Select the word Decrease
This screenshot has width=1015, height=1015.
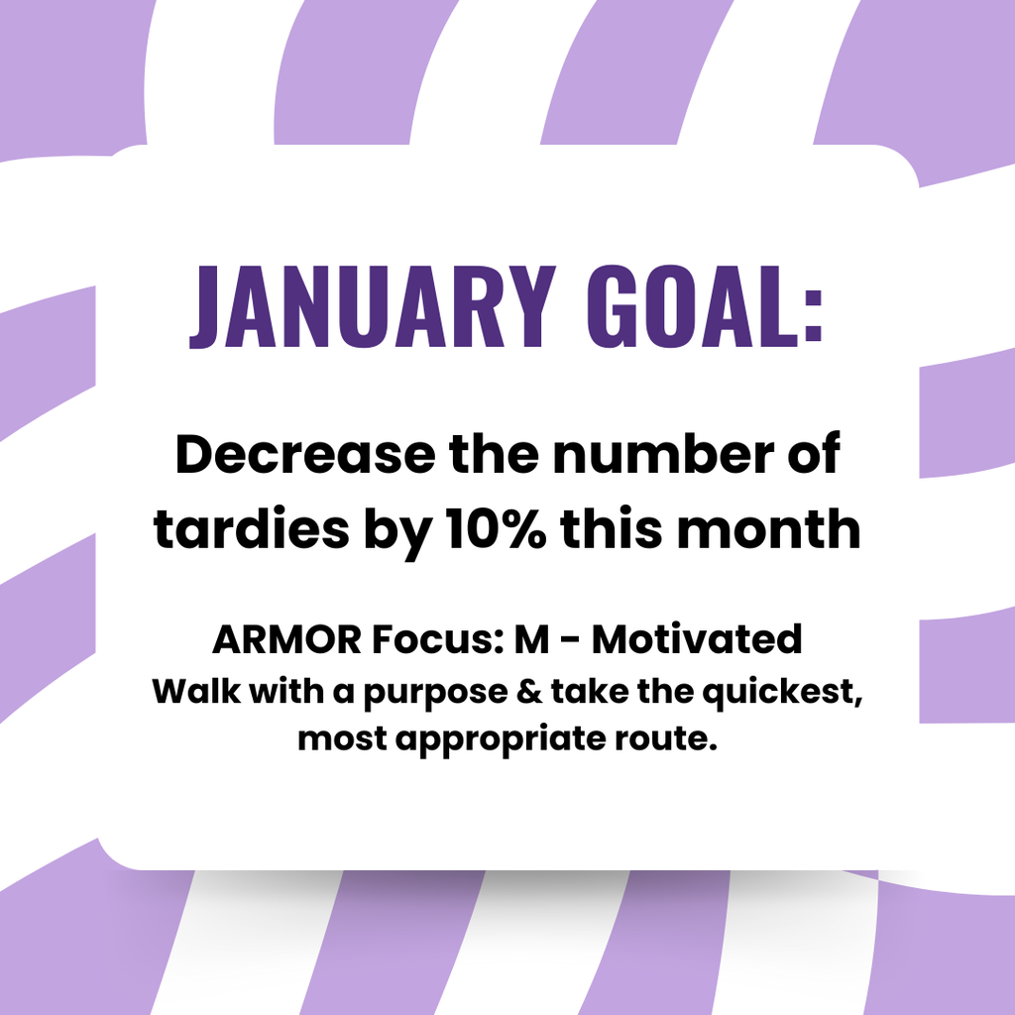pyautogui.click(x=304, y=455)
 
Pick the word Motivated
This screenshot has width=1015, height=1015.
pyautogui.click(x=697, y=640)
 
